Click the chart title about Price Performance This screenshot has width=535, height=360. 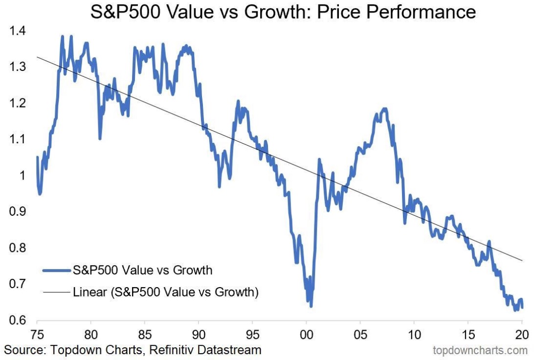pos(283,12)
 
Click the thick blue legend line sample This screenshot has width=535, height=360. pos(56,270)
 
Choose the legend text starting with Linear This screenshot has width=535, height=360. pos(165,292)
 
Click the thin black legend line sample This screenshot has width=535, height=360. pos(56,292)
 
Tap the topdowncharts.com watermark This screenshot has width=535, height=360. pos(480,350)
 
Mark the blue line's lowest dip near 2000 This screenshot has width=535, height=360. pos(311,306)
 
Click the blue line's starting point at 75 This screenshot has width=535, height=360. pos(37,157)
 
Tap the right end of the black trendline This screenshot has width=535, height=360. pos(522,261)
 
